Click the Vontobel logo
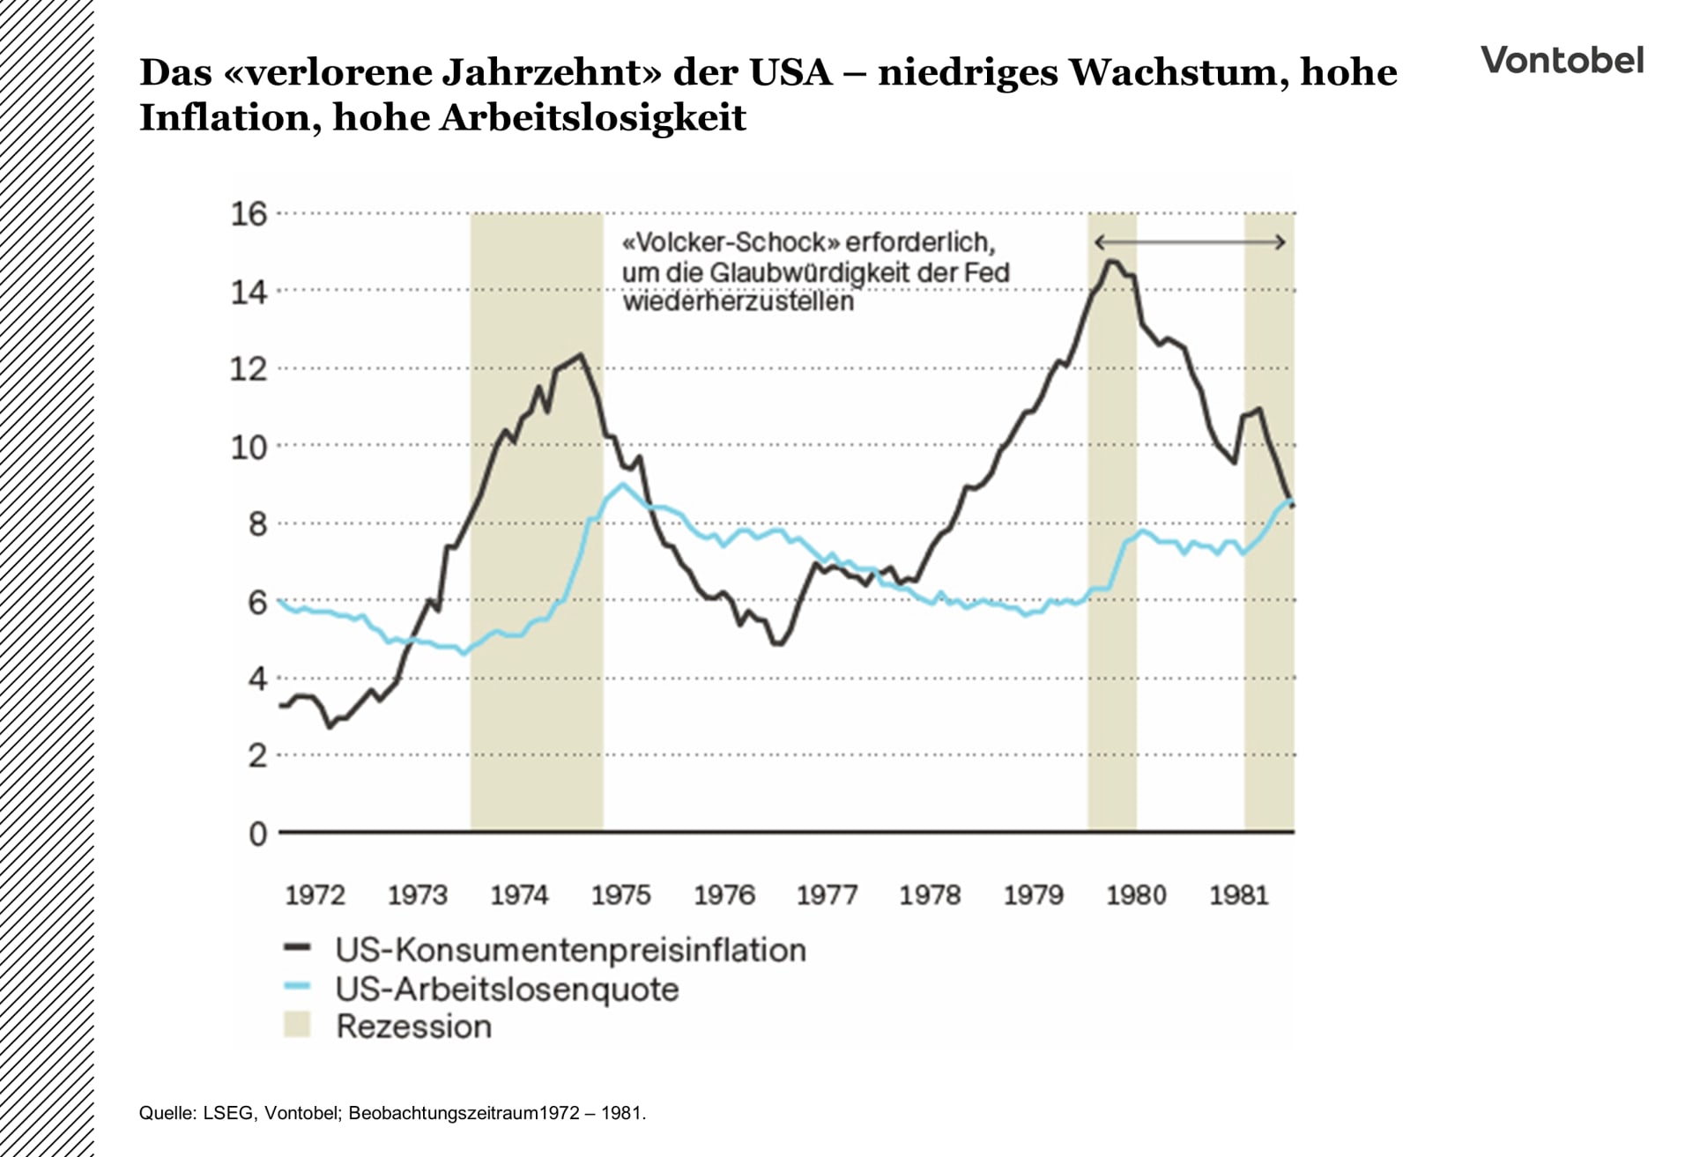(x=1562, y=60)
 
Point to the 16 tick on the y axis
(x=249, y=214)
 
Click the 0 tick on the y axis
(x=257, y=834)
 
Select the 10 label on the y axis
(x=249, y=448)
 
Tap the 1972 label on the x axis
(x=315, y=895)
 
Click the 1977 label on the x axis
(x=827, y=895)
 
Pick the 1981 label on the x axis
(x=1238, y=895)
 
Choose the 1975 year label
(x=620, y=895)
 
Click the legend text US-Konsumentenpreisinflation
(x=570, y=950)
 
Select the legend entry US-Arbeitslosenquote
(x=507, y=989)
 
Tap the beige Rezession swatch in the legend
(x=298, y=1025)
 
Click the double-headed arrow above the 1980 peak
(x=1190, y=242)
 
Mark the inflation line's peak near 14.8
(x=1111, y=261)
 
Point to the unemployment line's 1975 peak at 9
(x=623, y=484)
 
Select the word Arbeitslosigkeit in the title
(x=592, y=117)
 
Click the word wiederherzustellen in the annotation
(x=738, y=301)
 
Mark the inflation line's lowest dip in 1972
(x=330, y=726)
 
